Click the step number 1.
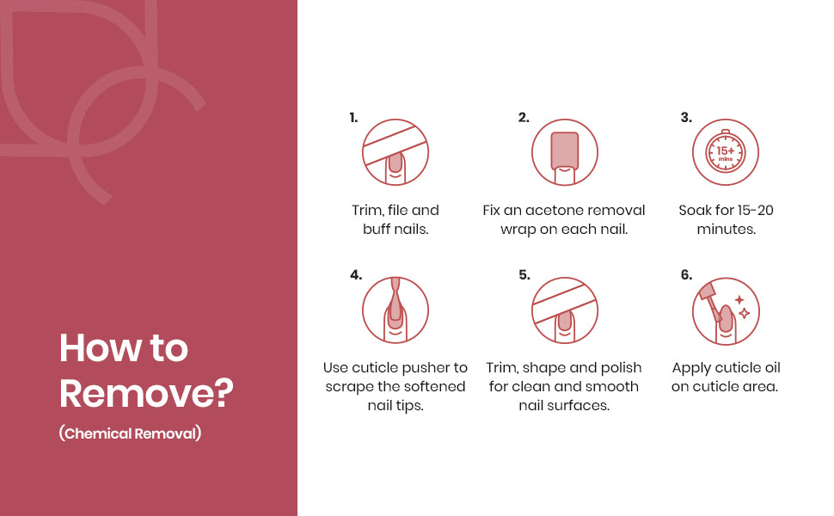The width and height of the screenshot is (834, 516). coord(353,118)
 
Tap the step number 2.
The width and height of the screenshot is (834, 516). coord(524,118)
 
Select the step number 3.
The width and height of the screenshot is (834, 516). coord(686,118)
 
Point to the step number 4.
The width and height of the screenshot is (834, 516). coord(356,275)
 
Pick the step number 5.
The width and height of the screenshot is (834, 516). coord(524,275)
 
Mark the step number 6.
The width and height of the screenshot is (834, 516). coord(687,275)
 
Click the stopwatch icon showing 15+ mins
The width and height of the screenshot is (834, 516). coord(726,152)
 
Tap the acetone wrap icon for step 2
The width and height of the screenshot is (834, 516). coord(565,152)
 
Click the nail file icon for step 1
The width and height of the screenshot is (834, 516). coord(396,152)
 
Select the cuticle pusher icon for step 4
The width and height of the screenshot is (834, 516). coord(396,310)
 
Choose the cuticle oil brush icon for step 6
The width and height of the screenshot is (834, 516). coord(726,311)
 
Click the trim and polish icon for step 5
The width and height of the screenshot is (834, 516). coord(565,310)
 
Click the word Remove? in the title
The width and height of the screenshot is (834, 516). coord(146,393)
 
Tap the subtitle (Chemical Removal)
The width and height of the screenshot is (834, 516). coord(131,433)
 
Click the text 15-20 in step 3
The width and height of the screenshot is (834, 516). coord(756,210)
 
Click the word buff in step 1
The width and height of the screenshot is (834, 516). coord(376,229)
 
